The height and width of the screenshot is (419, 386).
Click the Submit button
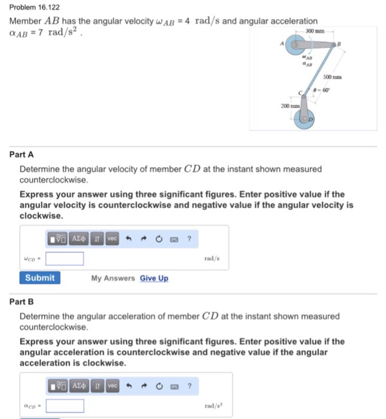pyautogui.click(x=39, y=278)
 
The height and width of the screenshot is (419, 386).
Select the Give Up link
pyautogui.click(x=154, y=278)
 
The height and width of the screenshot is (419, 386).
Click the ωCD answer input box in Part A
pyautogui.click(x=65, y=259)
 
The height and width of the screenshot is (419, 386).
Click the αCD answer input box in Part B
pyautogui.click(x=65, y=406)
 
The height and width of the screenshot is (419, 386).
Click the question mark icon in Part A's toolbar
pyautogui.click(x=189, y=238)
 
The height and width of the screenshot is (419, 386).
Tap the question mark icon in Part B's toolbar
pyautogui.click(x=189, y=386)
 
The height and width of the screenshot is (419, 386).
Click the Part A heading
pyautogui.click(x=22, y=154)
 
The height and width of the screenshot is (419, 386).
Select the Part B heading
pyautogui.click(x=22, y=302)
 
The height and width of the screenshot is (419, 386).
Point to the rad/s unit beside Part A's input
pyautogui.click(x=212, y=259)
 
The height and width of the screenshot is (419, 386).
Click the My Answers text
pyautogui.click(x=113, y=278)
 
